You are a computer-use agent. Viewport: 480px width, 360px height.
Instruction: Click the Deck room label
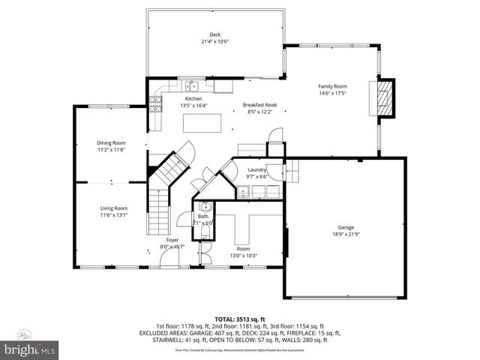click(x=215, y=34)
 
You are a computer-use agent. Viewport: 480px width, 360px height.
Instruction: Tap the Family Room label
click(x=334, y=86)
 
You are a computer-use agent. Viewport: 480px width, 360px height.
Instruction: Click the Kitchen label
click(x=193, y=98)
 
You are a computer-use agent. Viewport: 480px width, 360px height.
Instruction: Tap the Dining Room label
click(x=110, y=142)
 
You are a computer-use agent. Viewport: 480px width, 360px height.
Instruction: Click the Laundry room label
click(x=257, y=170)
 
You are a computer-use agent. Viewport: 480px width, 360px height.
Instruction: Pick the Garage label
click(x=345, y=227)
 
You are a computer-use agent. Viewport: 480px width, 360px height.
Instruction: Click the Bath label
click(x=202, y=216)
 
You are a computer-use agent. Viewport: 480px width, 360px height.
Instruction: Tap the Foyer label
click(x=172, y=240)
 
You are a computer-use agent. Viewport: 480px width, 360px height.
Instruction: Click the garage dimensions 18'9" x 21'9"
click(x=345, y=235)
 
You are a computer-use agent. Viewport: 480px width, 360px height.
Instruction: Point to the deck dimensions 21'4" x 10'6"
click(x=215, y=42)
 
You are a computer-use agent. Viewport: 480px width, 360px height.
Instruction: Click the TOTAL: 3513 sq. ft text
click(x=240, y=318)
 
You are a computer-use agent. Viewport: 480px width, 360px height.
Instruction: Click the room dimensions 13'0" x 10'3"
click(x=243, y=256)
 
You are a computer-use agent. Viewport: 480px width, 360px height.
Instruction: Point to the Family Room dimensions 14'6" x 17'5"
click(x=334, y=94)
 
